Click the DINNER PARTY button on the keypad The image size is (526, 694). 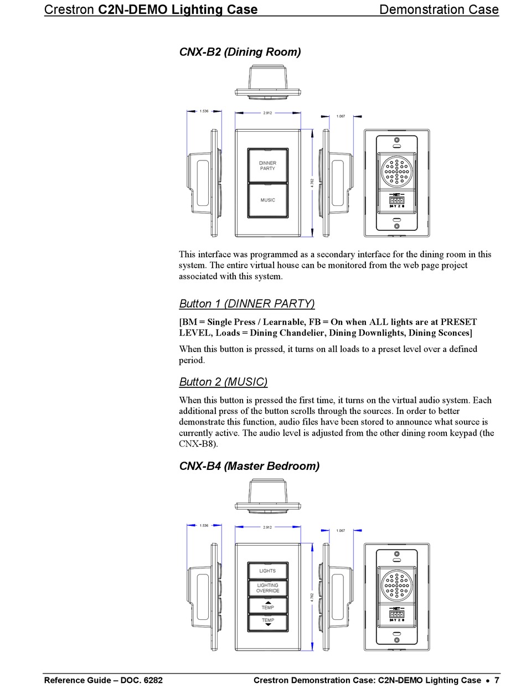point(267,165)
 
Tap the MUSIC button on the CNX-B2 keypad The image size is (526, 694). point(267,200)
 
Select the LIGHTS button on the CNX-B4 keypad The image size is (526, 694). point(267,571)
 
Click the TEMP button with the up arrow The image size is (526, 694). point(267,605)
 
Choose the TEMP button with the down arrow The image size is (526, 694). point(267,623)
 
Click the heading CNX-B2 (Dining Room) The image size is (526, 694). point(240,52)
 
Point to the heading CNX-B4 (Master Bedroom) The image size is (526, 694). point(249,466)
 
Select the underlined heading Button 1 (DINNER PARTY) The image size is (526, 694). point(247,303)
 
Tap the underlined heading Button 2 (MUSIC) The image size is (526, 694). point(223,382)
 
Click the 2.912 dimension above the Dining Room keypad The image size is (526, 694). point(267,113)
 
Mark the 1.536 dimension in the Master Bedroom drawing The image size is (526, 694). point(204,525)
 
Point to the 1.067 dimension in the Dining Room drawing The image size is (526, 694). point(341,116)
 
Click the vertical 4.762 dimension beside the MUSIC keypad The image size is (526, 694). point(312,183)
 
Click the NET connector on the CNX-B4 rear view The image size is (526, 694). point(396,614)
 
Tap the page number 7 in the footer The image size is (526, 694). point(497,680)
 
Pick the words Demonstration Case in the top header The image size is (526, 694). point(439,9)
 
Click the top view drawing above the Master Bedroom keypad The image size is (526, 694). point(268,496)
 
